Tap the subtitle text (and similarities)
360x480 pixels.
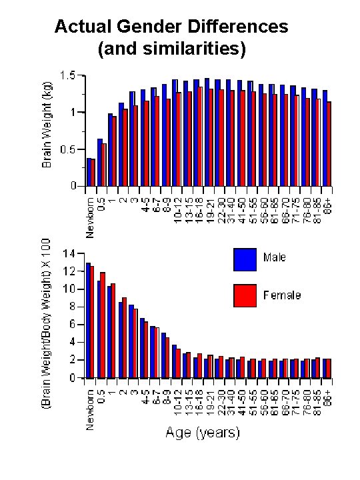pyautogui.click(x=171, y=49)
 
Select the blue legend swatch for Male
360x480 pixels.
pyautogui.click(x=245, y=259)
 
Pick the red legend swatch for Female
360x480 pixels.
pyautogui.click(x=245, y=295)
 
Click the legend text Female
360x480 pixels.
pyautogui.click(x=282, y=295)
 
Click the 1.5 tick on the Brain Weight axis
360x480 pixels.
pyautogui.click(x=67, y=76)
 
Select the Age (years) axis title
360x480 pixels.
pyautogui.click(x=202, y=433)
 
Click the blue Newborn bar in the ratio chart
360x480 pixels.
pyautogui.click(x=88, y=321)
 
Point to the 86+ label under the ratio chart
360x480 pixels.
pyautogui.click(x=327, y=398)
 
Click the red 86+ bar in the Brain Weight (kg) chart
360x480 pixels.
pyautogui.click(x=329, y=144)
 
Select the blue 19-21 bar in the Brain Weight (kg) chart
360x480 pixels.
pyautogui.click(x=207, y=133)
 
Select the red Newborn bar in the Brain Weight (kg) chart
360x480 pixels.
pyautogui.click(x=93, y=173)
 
